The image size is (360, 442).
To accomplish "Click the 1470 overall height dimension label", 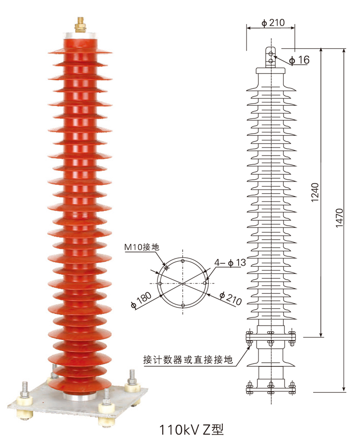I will coord(339,217).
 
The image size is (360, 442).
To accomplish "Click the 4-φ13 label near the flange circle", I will coord(230,263).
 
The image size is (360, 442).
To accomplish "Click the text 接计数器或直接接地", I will coord(188,360).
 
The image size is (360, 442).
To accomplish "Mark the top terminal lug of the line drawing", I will coord(271,54).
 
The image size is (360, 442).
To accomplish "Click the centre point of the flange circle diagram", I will coord(183,283).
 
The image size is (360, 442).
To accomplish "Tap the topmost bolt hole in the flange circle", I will coord(183,261).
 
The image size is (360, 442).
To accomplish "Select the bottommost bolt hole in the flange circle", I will coord(183,305).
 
